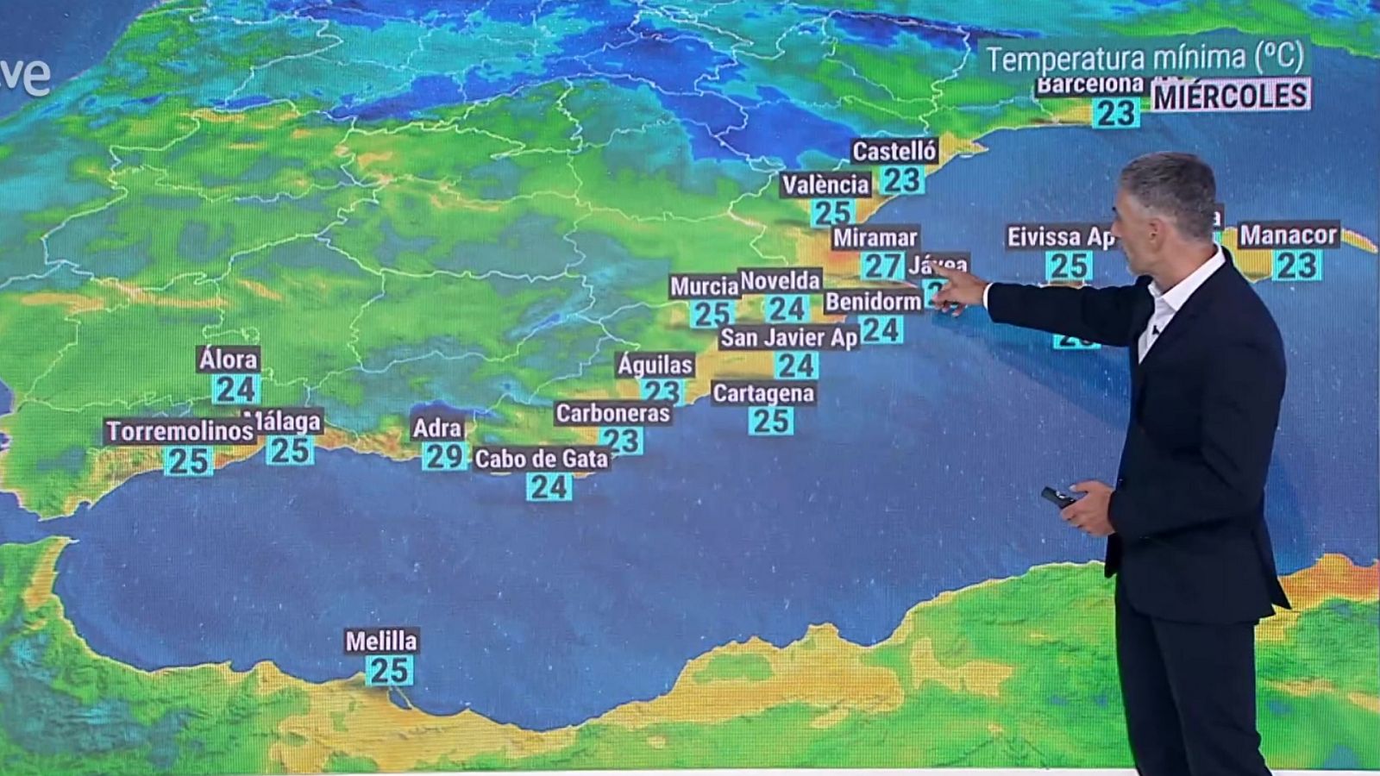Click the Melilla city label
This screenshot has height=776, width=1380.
(x=381, y=641)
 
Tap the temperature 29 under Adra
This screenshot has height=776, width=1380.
(x=444, y=455)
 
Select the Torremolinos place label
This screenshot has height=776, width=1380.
(x=179, y=430)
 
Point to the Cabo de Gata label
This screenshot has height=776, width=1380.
(x=541, y=459)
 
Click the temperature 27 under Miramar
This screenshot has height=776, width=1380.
(x=882, y=266)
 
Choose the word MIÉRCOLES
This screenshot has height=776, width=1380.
(x=1231, y=96)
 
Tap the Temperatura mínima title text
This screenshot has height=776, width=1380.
(x=1145, y=58)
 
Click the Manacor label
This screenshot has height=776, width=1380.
(x=1288, y=235)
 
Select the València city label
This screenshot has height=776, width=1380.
(x=825, y=185)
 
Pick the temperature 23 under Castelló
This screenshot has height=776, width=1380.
(x=902, y=179)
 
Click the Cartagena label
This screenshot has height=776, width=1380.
(x=763, y=393)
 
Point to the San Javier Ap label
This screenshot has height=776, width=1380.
(x=788, y=337)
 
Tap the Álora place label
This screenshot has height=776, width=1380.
(x=228, y=359)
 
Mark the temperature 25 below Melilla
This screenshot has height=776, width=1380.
(x=389, y=670)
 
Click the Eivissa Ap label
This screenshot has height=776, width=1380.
(x=1061, y=236)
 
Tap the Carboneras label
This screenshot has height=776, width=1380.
(x=612, y=413)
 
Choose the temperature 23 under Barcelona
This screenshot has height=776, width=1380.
(x=1115, y=113)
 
